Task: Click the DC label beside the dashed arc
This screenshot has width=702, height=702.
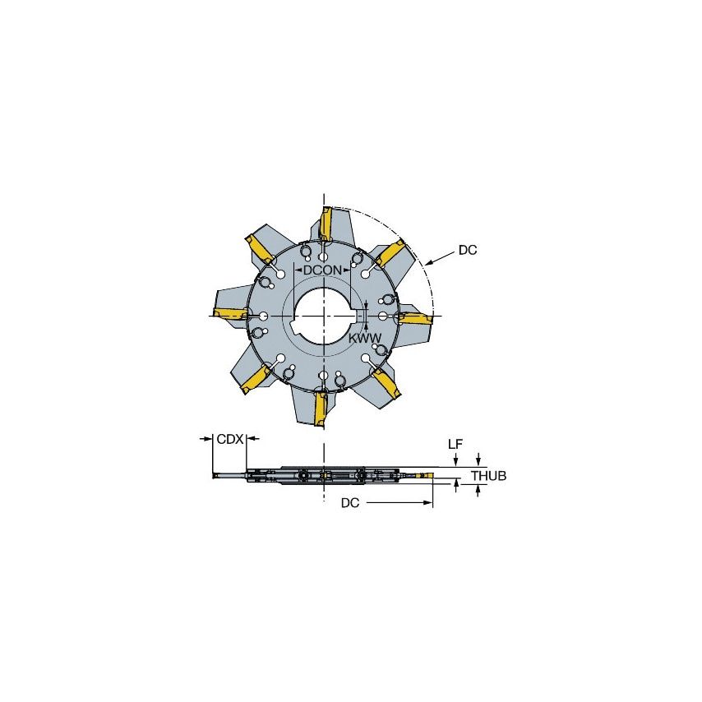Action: click(466, 249)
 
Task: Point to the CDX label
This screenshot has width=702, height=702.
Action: click(229, 439)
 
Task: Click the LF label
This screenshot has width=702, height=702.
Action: click(455, 444)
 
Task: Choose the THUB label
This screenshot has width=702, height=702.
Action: click(488, 476)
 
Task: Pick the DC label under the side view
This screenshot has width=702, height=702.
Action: click(350, 503)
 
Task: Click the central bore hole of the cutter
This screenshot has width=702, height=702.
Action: click(324, 316)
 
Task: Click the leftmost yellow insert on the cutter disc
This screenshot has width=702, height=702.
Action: click(230, 312)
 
